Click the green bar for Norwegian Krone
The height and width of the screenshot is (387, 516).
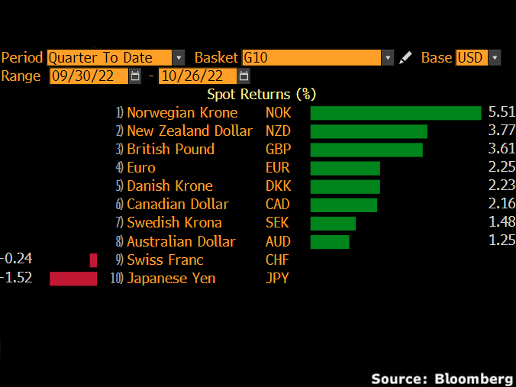[x=395, y=113]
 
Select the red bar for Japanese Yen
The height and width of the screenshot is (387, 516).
[x=73, y=279]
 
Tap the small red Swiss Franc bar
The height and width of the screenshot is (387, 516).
[x=94, y=260]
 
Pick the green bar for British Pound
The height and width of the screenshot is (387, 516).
[x=366, y=150]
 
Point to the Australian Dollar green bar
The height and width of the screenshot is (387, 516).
[x=330, y=242]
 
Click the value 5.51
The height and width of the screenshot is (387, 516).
[x=501, y=112]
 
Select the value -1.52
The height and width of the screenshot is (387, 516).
[x=17, y=278]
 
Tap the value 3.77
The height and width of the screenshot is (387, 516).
[x=501, y=131]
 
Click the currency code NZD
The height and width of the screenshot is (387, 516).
[x=278, y=131]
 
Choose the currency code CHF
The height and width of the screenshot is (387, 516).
[x=277, y=260]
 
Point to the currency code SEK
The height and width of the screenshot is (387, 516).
[x=277, y=223]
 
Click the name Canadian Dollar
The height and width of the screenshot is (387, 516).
[x=178, y=205]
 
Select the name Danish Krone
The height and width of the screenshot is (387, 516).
[x=169, y=186]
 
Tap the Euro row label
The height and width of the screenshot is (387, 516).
[x=141, y=168]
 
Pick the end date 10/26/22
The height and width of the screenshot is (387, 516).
[x=197, y=76]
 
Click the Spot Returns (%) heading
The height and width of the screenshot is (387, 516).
[x=261, y=94]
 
